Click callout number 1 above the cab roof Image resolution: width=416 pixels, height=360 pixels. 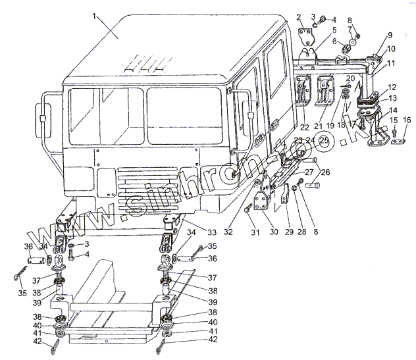(x=97, y=15)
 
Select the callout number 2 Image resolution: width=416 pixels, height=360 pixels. (x=299, y=17)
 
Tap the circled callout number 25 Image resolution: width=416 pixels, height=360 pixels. (x=323, y=141)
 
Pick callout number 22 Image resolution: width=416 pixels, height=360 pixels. (x=305, y=126)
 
